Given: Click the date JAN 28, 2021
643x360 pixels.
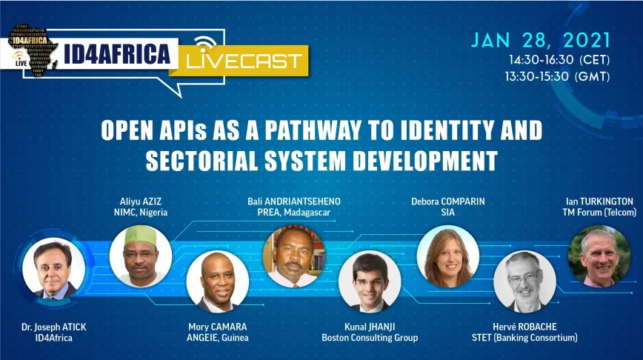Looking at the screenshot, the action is coord(541,41).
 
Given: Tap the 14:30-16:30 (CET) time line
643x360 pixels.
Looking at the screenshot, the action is coord(559,60).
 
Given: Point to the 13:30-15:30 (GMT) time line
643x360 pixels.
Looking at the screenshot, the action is coord(557,76).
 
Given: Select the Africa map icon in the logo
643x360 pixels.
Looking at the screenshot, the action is coord(32,50).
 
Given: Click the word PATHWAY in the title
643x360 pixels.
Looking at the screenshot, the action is coord(313,130).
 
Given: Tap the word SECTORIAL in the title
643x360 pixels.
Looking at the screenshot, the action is coord(201,160).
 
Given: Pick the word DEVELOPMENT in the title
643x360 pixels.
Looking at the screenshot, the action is coord(425,160).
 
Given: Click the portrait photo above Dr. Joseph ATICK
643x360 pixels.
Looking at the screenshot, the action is coord(54,269).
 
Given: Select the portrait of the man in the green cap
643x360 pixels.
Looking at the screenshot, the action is coord(141,256).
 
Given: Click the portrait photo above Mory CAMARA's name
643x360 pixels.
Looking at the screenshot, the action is coord(217,281).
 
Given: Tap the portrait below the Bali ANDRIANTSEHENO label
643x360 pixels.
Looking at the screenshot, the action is coord(294,256).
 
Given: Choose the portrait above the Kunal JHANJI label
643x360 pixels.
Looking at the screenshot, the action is coord(370,281).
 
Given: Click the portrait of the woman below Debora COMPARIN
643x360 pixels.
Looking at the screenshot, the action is coord(447,256).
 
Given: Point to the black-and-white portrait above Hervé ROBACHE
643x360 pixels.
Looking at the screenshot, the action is coord(524,281).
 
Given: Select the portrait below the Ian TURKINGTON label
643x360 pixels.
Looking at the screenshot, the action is coord(599,256).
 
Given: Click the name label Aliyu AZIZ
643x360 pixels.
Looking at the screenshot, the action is coord(141,201).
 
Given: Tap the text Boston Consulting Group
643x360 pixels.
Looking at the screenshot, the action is coord(370,338).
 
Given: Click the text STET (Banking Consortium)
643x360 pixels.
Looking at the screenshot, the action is coord(524,338).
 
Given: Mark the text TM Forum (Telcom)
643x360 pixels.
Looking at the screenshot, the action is coord(599,213).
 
